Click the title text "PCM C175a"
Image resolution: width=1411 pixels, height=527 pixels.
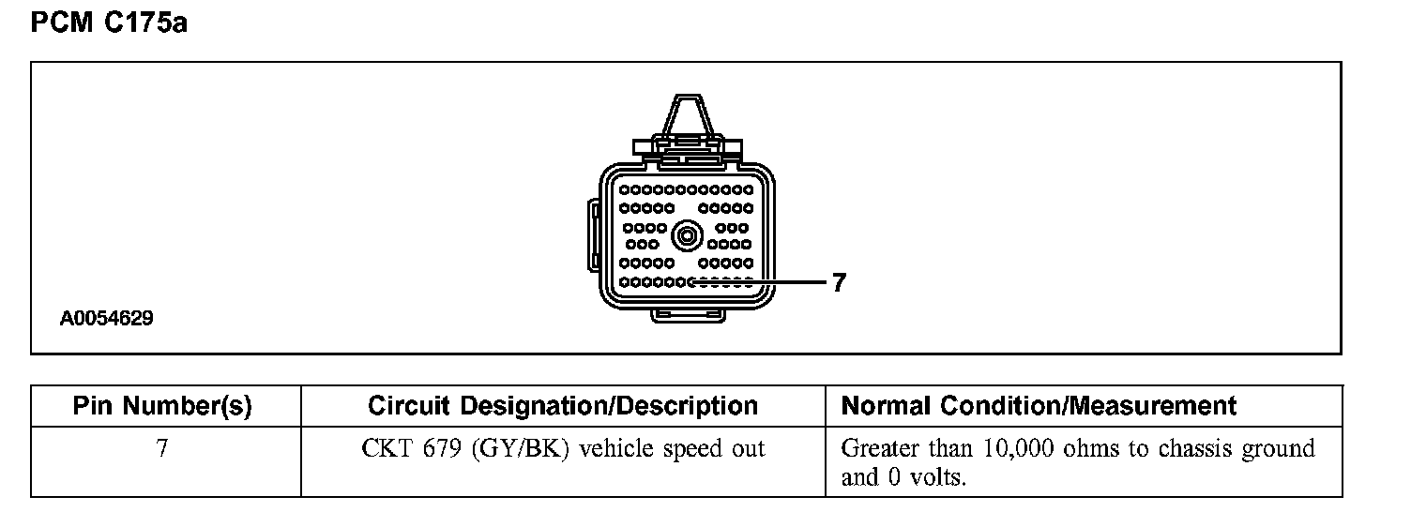point(110,23)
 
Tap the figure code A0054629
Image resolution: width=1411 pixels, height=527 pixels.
point(106,319)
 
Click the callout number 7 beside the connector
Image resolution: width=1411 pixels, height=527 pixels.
point(839,282)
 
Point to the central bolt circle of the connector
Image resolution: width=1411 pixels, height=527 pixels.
point(688,233)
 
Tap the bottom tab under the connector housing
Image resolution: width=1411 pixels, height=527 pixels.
point(688,315)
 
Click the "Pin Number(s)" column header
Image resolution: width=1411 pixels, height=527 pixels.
point(162,406)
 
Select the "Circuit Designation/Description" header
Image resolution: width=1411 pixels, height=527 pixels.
point(563,406)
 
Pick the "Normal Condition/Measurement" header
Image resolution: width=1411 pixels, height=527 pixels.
point(1039,406)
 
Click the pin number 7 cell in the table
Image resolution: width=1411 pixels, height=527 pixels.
point(162,449)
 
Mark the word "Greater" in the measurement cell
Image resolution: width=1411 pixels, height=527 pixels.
point(874,449)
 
